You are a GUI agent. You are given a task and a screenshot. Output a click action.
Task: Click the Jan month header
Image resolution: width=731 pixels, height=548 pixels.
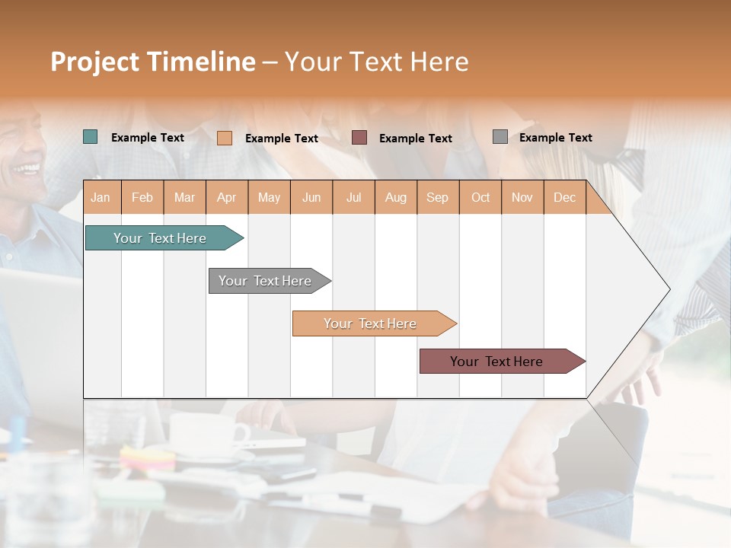(101, 198)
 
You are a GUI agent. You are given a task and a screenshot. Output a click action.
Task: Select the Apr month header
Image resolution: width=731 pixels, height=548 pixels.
(226, 198)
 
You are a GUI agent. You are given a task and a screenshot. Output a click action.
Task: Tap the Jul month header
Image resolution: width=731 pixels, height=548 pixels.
(353, 198)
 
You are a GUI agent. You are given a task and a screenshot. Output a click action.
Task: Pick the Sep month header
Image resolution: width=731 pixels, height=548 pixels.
(437, 198)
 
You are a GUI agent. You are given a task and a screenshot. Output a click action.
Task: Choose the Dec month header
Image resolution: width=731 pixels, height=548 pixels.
(564, 198)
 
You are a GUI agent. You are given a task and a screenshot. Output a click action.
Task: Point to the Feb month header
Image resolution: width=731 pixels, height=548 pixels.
(142, 198)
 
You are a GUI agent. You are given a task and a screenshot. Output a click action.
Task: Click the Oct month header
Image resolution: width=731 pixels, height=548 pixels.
(480, 198)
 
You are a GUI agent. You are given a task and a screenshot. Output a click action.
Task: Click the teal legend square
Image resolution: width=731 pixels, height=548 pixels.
(91, 137)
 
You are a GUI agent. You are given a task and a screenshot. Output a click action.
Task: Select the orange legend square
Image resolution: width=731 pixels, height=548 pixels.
(225, 138)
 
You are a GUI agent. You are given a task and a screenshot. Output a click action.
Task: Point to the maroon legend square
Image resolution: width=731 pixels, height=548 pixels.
(359, 138)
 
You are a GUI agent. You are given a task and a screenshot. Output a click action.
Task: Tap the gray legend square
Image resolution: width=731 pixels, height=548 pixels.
(500, 137)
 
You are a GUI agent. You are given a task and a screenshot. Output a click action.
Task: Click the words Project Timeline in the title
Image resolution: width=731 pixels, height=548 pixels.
(153, 62)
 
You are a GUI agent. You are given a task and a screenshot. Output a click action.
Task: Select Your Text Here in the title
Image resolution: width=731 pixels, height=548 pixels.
(376, 62)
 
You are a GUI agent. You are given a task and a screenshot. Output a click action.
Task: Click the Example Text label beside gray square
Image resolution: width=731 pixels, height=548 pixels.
(555, 138)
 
